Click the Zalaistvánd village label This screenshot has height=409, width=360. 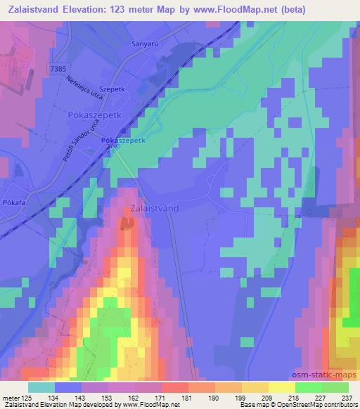[x=159, y=209]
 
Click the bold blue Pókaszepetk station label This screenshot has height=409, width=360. [x=123, y=141]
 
